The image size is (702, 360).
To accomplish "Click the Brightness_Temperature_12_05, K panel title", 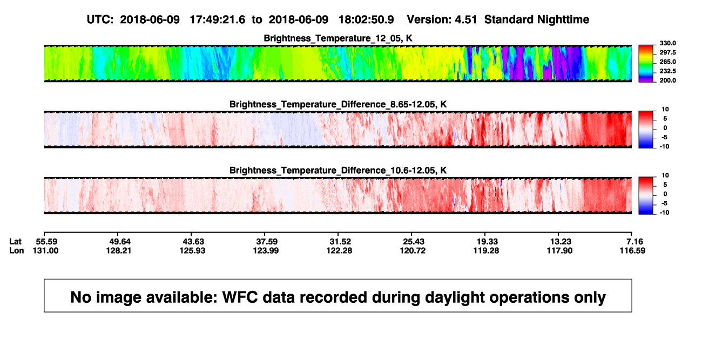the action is click(x=338, y=38).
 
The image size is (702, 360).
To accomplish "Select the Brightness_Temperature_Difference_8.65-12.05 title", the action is click(x=338, y=104).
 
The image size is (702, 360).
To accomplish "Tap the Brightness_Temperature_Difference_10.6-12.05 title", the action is click(x=338, y=171).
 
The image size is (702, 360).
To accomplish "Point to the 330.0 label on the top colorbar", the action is click(x=667, y=43).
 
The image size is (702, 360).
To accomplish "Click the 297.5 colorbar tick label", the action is click(x=667, y=52).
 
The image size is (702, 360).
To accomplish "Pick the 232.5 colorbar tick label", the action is click(x=667, y=71).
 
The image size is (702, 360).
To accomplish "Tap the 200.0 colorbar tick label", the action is click(x=667, y=80).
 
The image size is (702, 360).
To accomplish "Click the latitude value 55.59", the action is click(x=46, y=242).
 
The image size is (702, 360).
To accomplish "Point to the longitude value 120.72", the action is click(x=413, y=250).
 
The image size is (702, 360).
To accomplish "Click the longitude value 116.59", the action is click(x=632, y=250).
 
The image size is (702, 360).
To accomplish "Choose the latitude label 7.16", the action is click(x=634, y=242).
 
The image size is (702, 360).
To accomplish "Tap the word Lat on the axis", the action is click(x=15, y=242).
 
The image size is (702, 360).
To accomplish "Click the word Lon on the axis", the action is click(x=17, y=250).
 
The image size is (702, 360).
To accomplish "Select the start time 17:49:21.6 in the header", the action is click(x=218, y=20).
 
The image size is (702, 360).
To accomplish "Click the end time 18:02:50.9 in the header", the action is click(x=366, y=20).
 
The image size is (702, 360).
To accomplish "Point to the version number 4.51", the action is click(x=466, y=20).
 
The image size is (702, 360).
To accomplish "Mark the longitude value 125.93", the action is click(x=192, y=250).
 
